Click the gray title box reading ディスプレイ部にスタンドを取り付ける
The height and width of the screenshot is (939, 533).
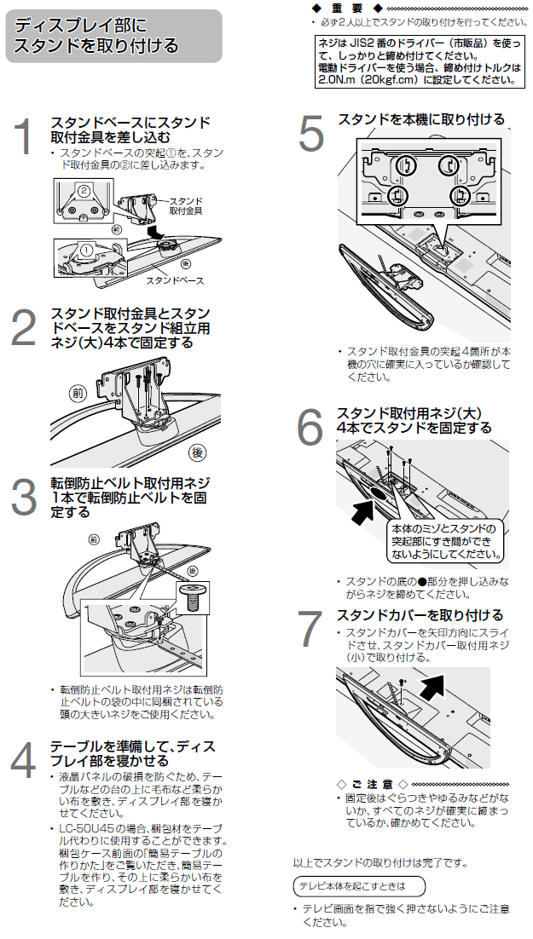[113, 37]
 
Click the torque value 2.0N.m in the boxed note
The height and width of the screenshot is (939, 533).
[338, 80]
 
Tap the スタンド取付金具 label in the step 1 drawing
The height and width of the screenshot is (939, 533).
[185, 205]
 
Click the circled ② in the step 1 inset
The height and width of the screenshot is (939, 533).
[84, 191]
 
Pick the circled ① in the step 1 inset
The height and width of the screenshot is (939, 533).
[85, 250]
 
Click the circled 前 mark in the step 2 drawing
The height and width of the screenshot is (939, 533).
[79, 394]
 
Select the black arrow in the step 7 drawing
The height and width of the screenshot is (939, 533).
[436, 683]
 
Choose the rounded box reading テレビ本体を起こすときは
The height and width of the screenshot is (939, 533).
[357, 885]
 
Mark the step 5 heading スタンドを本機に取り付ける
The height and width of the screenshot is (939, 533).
[421, 119]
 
